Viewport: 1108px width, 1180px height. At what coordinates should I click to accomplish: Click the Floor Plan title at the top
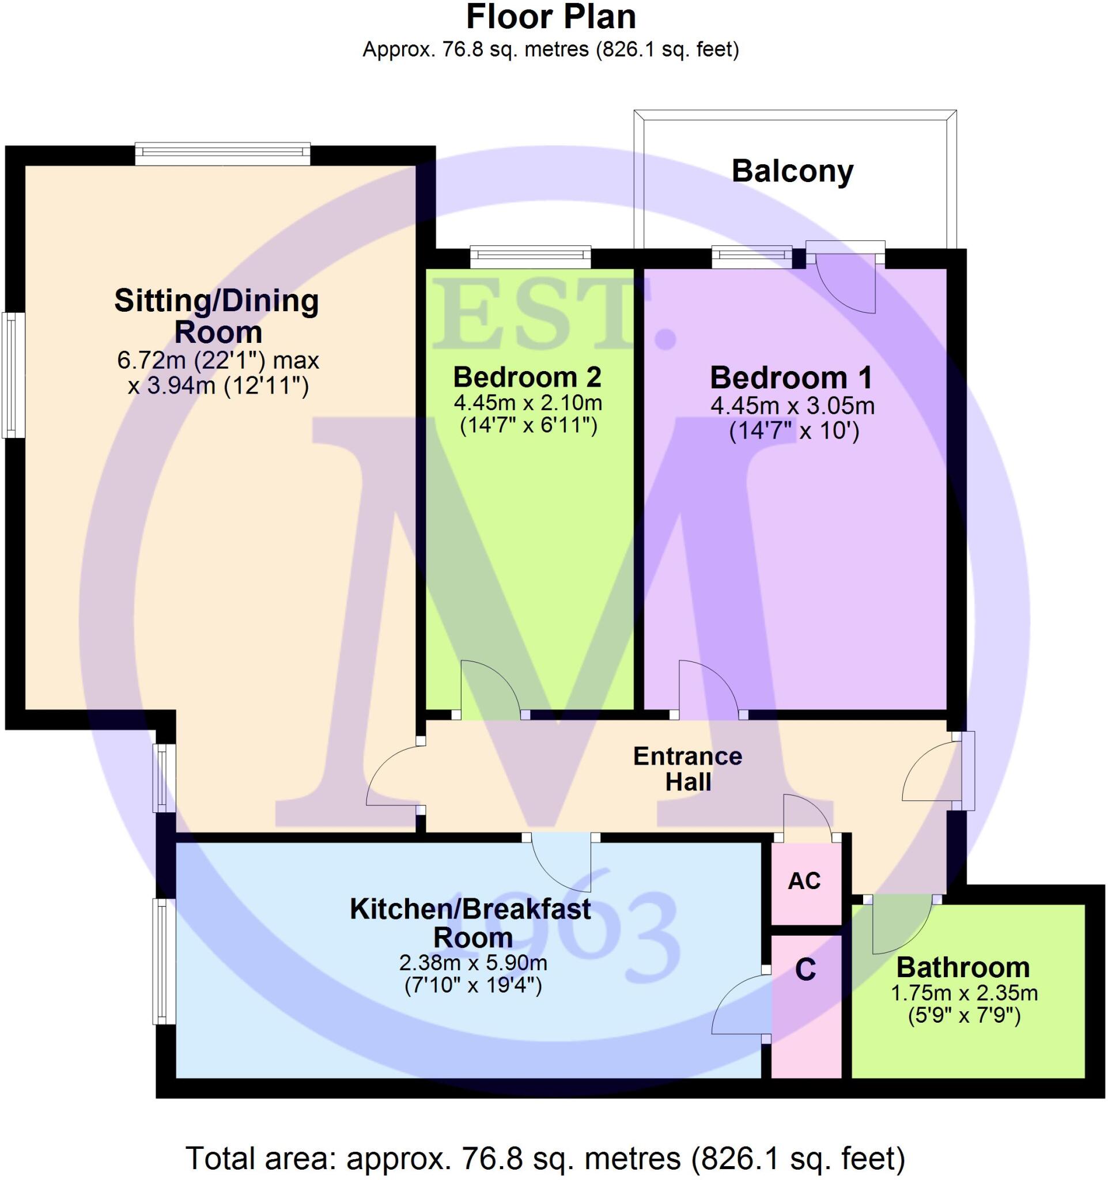551,18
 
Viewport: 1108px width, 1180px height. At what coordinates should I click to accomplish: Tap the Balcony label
792,172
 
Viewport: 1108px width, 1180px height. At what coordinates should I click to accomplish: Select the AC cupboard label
804,881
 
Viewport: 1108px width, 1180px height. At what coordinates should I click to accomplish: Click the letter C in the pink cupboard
806,969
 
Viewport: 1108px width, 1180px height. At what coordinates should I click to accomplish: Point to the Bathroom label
963,967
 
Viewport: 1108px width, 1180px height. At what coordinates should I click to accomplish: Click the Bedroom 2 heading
527,377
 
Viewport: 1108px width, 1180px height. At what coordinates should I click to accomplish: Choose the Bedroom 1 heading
792,378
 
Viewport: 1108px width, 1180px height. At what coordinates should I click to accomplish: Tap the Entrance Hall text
688,769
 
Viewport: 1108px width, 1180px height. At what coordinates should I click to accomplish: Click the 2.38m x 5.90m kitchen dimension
473,962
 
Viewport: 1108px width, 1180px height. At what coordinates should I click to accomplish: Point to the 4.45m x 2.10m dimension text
528,403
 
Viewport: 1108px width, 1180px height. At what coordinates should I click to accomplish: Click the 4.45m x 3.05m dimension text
792,407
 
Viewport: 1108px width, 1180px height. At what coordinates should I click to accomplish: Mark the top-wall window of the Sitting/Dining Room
222,154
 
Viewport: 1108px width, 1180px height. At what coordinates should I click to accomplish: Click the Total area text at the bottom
545,1158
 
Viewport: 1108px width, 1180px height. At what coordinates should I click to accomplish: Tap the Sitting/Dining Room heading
217,316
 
